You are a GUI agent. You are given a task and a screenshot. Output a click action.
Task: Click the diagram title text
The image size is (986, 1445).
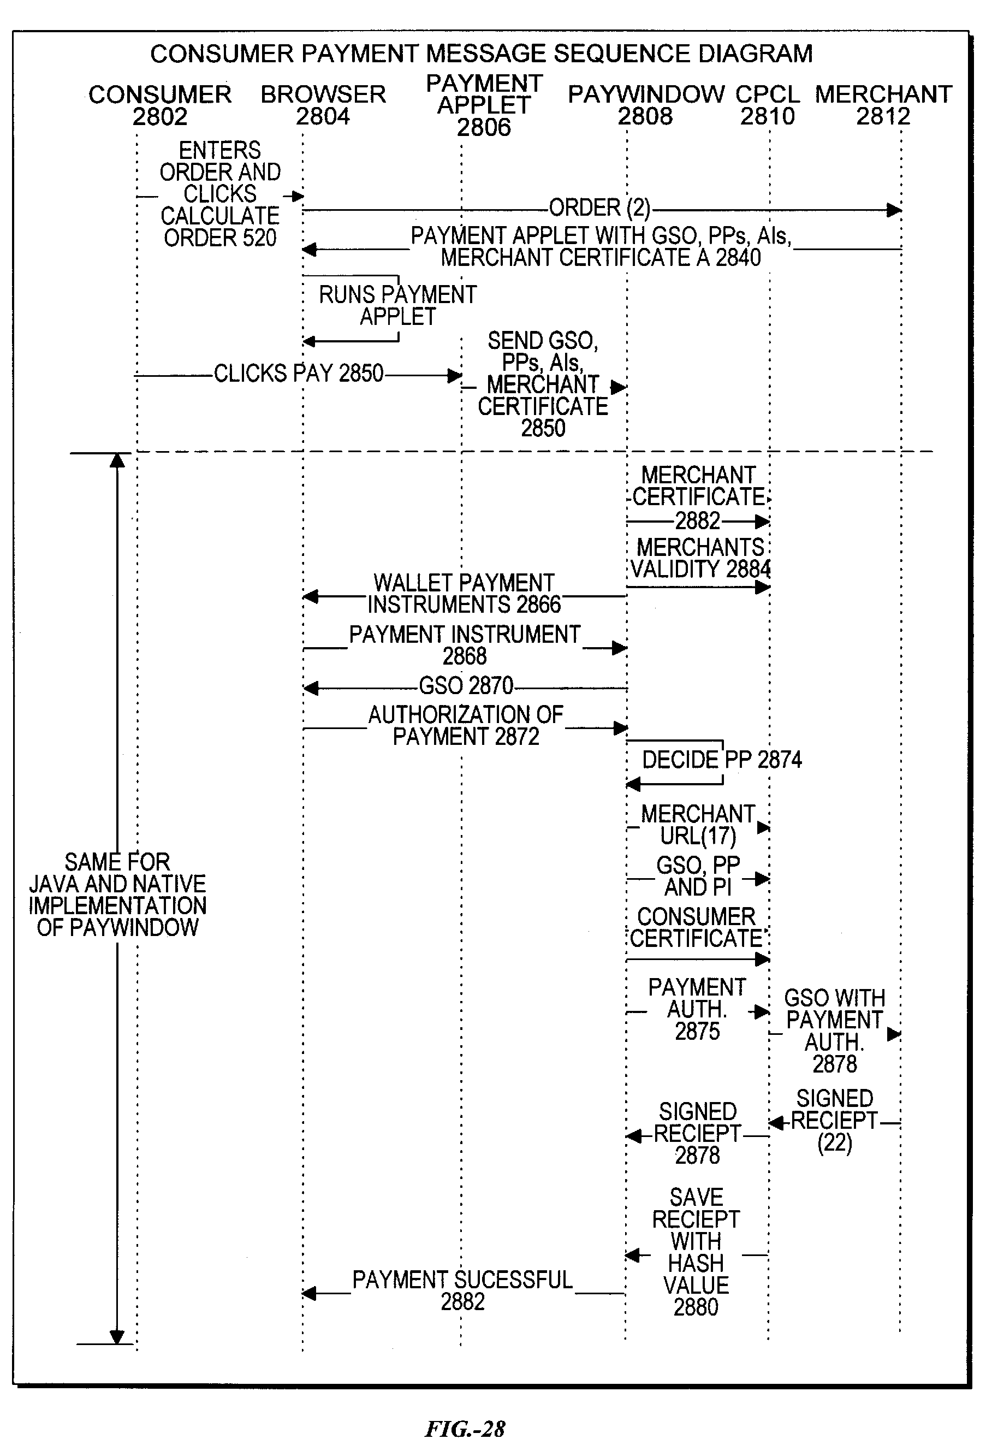(x=481, y=54)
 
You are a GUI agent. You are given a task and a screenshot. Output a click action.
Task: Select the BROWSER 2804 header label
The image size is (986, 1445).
(x=323, y=105)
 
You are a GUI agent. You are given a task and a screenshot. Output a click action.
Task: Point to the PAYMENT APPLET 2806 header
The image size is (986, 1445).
(x=484, y=105)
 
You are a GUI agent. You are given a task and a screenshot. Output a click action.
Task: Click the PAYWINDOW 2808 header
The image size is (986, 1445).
(x=646, y=105)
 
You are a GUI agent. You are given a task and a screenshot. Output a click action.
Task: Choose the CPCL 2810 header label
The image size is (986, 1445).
(x=767, y=105)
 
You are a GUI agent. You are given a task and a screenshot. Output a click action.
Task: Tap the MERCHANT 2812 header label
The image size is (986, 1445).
(x=883, y=105)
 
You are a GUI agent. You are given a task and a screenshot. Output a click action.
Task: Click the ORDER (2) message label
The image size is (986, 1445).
(x=599, y=208)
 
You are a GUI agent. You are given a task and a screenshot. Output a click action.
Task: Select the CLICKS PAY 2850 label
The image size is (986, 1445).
(x=299, y=373)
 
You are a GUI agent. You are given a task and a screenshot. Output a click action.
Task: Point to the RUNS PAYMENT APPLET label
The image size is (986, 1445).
(x=398, y=305)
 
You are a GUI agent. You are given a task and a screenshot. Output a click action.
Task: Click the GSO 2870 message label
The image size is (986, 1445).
(x=466, y=686)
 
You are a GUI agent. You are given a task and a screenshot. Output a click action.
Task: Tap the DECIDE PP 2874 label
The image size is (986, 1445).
(x=722, y=760)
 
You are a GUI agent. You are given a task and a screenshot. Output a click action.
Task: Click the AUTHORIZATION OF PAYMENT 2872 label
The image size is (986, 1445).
(x=466, y=726)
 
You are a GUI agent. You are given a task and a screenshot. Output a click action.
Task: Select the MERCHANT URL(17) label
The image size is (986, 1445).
(x=698, y=825)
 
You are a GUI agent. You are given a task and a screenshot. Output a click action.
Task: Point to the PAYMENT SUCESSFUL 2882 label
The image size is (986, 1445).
(x=462, y=1291)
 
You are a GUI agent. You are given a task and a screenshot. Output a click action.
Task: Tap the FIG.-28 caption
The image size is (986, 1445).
(x=465, y=1428)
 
